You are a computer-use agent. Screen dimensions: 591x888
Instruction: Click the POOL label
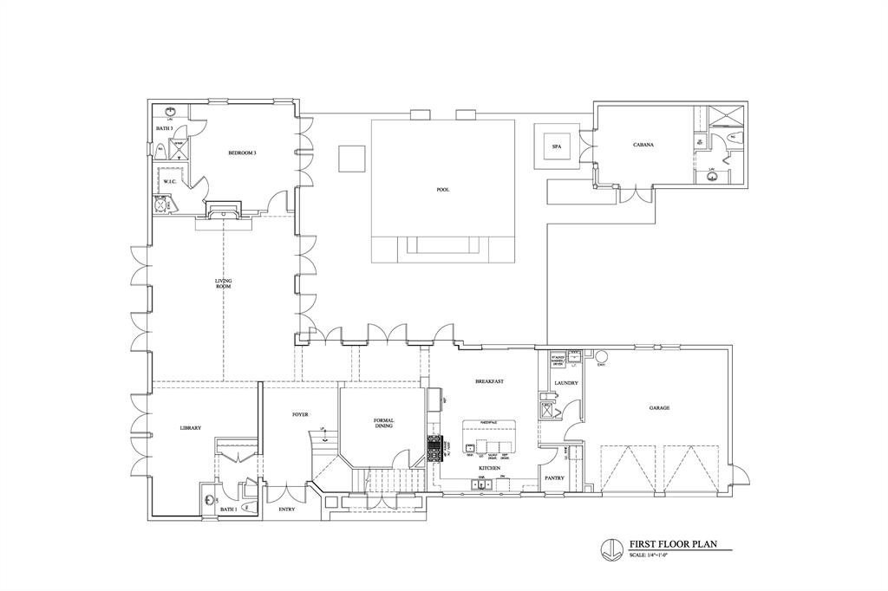(443, 190)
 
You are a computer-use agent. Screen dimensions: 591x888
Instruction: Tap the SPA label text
(556, 146)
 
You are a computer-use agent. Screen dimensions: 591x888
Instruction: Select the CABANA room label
(643, 145)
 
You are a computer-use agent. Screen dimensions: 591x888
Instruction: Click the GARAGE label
(659, 407)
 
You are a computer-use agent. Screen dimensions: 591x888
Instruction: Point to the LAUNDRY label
(565, 382)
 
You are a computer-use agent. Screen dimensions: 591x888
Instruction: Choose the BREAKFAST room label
(490, 381)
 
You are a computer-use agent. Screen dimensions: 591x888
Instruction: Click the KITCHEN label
(490, 468)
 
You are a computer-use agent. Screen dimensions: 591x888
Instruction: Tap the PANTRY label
(555, 477)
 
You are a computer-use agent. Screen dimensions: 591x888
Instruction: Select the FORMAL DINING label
(384, 423)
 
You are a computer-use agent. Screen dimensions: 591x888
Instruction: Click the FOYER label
(300, 414)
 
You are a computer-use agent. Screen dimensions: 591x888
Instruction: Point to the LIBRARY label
(191, 428)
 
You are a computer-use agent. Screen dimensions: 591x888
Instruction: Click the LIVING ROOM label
(224, 283)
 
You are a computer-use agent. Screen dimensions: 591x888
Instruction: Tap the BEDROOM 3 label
(242, 153)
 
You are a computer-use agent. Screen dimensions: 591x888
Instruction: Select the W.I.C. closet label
(169, 181)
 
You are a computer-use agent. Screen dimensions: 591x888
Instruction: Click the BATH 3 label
(165, 128)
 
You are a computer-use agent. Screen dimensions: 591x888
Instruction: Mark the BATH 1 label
(228, 510)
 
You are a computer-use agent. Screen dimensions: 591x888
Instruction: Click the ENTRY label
(286, 510)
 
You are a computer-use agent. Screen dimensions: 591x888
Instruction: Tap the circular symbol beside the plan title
(610, 548)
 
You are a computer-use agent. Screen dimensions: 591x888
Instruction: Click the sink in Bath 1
(210, 499)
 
